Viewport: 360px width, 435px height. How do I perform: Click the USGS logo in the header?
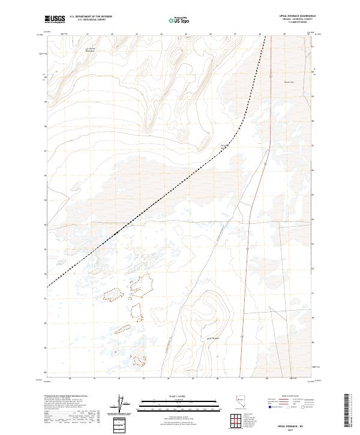coord(55,19)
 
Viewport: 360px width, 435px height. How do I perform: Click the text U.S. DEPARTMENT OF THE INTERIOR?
coord(91,17)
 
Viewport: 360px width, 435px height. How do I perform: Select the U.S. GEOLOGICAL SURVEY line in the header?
coord(91,20)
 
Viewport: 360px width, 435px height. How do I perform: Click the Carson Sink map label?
coord(289,82)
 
